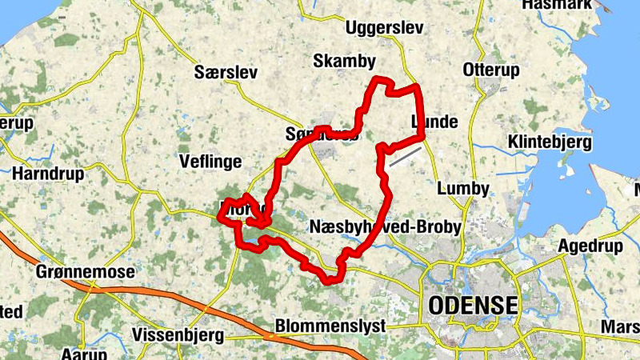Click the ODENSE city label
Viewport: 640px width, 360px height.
(x=473, y=305)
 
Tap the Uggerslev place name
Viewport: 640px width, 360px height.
(x=382, y=29)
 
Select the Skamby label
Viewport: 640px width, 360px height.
(x=344, y=61)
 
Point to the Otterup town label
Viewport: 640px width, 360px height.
(x=491, y=70)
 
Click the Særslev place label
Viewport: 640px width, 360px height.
(x=226, y=73)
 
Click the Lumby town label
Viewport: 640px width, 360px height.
(x=463, y=189)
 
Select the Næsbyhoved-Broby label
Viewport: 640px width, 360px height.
(x=385, y=227)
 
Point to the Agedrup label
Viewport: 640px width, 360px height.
(x=590, y=246)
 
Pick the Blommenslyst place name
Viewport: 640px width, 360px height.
(x=330, y=326)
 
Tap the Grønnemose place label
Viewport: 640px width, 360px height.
(x=86, y=272)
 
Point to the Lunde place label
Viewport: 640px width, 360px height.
(x=434, y=122)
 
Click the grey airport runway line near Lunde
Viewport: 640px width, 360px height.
(x=406, y=155)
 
